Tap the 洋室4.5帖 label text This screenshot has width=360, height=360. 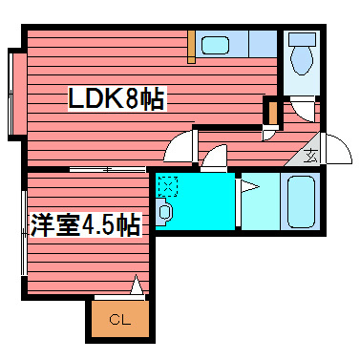85,226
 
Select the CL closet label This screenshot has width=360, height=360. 120,319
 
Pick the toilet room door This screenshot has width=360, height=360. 305,111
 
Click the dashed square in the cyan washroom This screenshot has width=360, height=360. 168,187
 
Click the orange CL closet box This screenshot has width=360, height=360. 120,319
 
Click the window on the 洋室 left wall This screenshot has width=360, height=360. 20,233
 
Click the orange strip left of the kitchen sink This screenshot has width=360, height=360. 192,46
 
